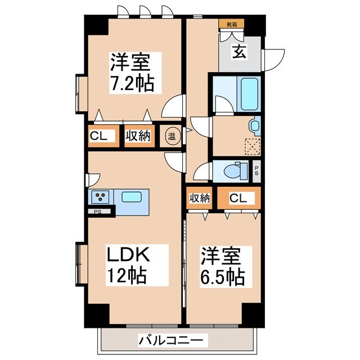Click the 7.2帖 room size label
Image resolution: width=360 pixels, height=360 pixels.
[x=132, y=84]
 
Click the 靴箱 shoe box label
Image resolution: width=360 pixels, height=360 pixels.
[x=231, y=24]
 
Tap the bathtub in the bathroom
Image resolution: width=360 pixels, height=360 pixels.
[x=247, y=94]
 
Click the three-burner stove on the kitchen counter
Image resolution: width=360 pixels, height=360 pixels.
[x=101, y=197]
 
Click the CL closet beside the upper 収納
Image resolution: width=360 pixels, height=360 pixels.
[x=102, y=136]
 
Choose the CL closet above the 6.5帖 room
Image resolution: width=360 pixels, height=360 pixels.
[x=238, y=198]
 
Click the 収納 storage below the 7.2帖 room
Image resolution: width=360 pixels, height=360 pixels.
[x=138, y=136]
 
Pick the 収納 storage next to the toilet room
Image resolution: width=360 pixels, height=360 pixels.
[x=199, y=198]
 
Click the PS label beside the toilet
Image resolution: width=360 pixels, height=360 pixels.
[x=256, y=169]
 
